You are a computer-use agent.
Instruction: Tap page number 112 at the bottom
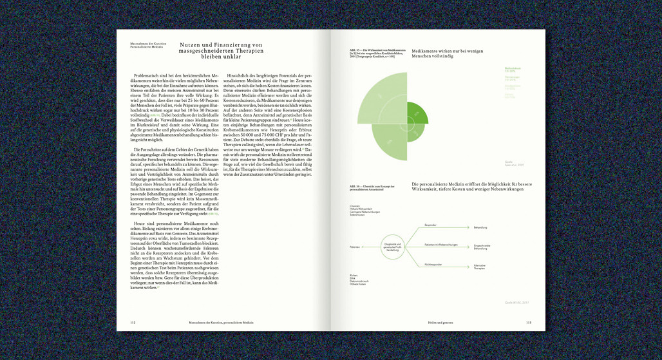point(133,322)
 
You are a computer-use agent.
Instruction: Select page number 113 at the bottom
point(528,322)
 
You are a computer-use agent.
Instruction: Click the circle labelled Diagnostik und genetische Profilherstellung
point(393,246)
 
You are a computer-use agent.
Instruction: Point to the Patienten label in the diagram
point(354,247)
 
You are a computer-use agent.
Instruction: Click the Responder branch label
point(430,225)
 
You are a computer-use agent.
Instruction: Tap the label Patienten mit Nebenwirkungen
point(440,245)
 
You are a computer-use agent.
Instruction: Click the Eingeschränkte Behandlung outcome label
point(482,247)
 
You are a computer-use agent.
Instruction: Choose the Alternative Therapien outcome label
point(480,267)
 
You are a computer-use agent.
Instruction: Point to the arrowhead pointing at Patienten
point(364,247)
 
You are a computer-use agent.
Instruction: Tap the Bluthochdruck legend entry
point(495,69)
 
